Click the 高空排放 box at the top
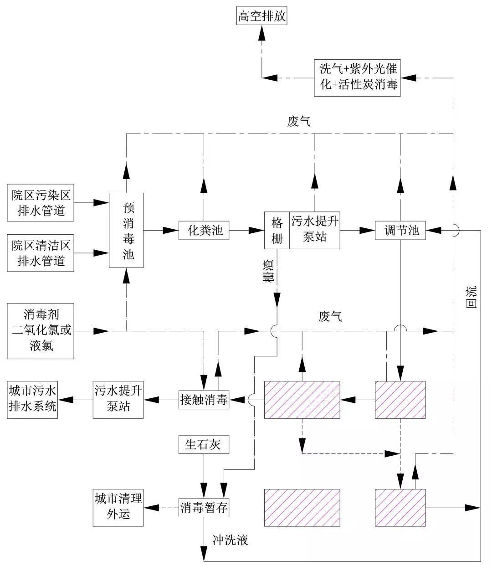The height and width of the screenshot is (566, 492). click(262, 17)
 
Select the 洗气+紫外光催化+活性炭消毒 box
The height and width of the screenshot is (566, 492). click(358, 77)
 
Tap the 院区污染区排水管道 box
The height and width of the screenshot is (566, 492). click(41, 203)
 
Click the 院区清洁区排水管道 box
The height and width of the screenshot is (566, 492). click(41, 253)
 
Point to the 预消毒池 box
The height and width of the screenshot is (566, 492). click(126, 231)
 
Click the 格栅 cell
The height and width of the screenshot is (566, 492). click(277, 231)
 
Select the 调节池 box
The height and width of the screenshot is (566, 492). click(400, 231)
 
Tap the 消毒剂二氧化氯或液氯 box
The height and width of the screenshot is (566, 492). click(41, 330)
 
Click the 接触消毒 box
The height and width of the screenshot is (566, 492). click(204, 400)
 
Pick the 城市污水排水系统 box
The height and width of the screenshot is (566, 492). click(33, 400)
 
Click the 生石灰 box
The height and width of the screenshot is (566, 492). click(204, 445)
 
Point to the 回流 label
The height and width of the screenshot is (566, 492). click(472, 297)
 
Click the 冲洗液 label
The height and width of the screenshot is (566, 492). click(230, 541)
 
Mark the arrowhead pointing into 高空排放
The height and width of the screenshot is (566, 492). click(262, 34)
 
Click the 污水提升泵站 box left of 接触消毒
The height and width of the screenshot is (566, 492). click(118, 400)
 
